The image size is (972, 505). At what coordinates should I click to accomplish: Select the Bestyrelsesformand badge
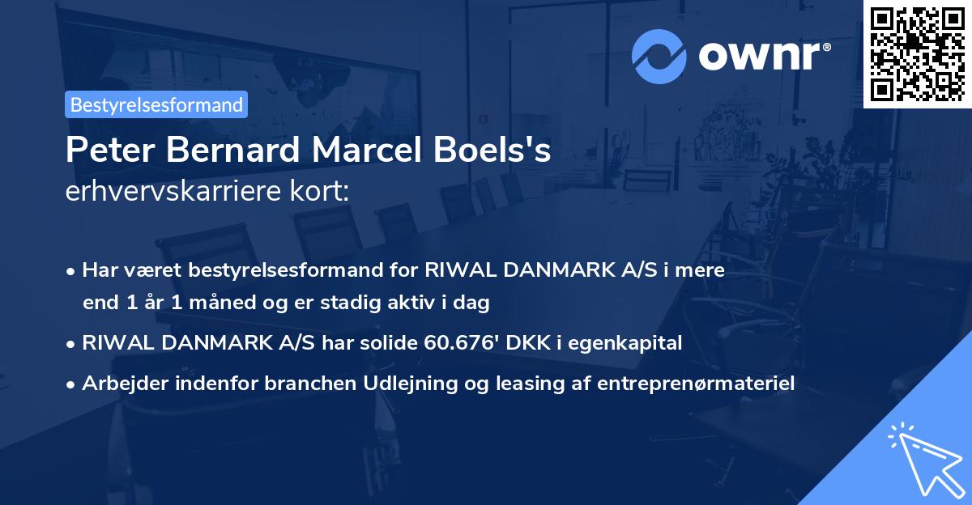click(156, 104)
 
